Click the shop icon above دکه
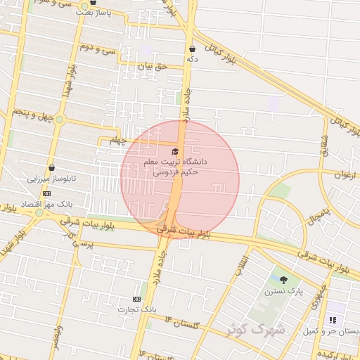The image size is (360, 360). pyautogui.click(x=192, y=49)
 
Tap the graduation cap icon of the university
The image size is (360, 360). pyautogui.click(x=175, y=151)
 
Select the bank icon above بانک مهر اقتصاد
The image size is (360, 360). pyautogui.click(x=46, y=193)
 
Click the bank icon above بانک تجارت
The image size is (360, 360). pyautogui.click(x=136, y=299)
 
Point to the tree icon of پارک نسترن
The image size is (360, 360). pyautogui.click(x=283, y=281)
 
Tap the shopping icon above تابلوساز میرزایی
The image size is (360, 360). pyautogui.click(x=52, y=168)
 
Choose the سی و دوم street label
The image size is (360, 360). pyautogui.click(x=97, y=50)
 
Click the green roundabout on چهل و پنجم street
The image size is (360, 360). pyautogui.click(x=59, y=120)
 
